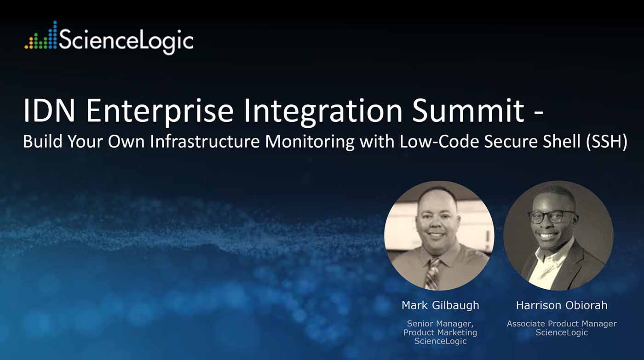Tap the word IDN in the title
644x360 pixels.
point(49,111)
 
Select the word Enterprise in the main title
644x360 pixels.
point(160,113)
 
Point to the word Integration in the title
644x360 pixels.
point(323,113)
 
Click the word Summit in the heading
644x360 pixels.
point(469,111)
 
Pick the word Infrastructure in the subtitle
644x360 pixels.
point(205,141)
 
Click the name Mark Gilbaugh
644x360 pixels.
point(440,305)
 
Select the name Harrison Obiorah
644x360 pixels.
point(562,305)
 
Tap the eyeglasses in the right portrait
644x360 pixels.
point(552,217)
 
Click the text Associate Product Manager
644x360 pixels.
point(562,324)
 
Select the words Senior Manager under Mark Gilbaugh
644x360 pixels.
point(440,324)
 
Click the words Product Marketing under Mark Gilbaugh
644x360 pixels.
point(440,333)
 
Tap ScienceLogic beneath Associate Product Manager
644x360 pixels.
point(562,333)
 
